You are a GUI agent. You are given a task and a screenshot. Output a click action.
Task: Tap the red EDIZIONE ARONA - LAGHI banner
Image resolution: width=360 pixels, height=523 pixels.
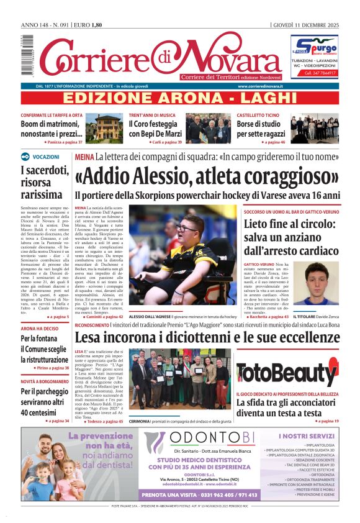pyautogui.click(x=180, y=98)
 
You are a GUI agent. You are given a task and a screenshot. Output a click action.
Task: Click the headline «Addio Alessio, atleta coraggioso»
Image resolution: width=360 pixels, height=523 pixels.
pyautogui.click(x=207, y=176)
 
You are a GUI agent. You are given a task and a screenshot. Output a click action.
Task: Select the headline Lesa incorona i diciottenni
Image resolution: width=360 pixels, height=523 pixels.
pyautogui.click(x=207, y=338)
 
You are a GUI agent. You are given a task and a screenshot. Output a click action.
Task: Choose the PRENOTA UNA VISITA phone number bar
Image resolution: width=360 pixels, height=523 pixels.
pyautogui.click(x=199, y=495)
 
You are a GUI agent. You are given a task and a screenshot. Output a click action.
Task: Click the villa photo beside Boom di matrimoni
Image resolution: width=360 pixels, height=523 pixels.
pyautogui.click(x=108, y=127)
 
